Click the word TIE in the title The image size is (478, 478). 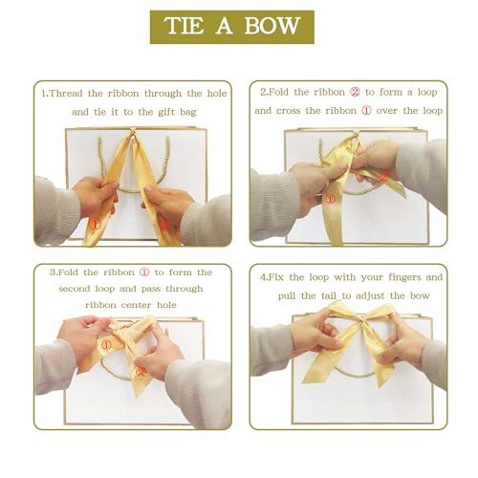pos(186,26)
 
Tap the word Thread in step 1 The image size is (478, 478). pos(69,94)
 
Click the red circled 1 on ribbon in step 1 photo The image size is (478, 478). pos(95,223)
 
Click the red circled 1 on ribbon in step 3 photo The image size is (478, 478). pos(106,343)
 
